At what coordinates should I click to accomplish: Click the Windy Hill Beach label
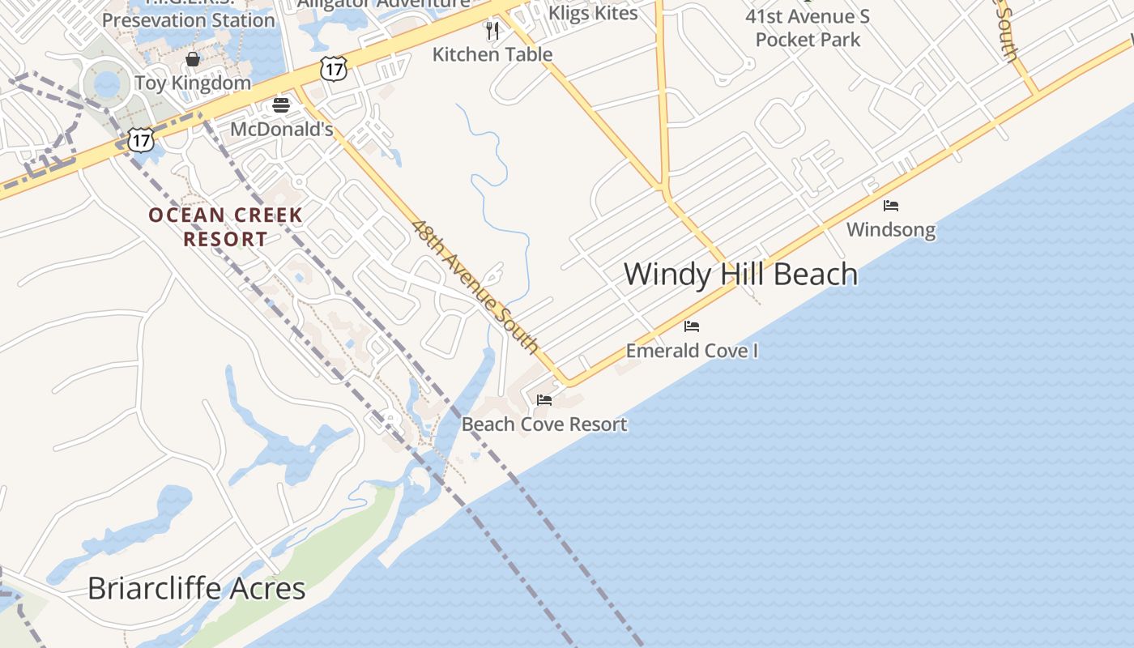coord(740,274)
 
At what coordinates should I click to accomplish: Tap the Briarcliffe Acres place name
coord(196,588)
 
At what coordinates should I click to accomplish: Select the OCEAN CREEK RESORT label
coord(225,227)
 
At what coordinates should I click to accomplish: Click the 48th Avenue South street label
coord(475,286)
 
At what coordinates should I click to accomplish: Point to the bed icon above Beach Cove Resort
coord(544,400)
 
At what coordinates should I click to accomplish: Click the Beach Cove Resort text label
coord(544,424)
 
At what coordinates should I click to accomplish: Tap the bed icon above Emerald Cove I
coord(692,326)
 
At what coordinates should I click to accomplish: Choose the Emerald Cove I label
coord(692,351)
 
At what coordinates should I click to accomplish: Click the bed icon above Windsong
coord(891,206)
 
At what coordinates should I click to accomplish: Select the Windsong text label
coord(891,230)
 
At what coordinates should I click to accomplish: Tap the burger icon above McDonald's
coord(281,105)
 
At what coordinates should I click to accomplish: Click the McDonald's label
coord(281,130)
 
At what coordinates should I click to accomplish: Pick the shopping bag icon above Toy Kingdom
coord(193,59)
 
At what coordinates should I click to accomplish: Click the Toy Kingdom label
coord(193,83)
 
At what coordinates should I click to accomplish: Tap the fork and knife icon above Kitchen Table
coord(492,31)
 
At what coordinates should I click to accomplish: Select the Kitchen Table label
coord(492,54)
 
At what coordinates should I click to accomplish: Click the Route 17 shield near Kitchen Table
coord(334,69)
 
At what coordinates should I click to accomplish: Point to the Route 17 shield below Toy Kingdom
coord(141,140)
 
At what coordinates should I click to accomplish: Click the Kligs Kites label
coord(593,13)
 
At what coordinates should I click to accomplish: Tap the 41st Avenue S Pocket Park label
coord(808,28)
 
